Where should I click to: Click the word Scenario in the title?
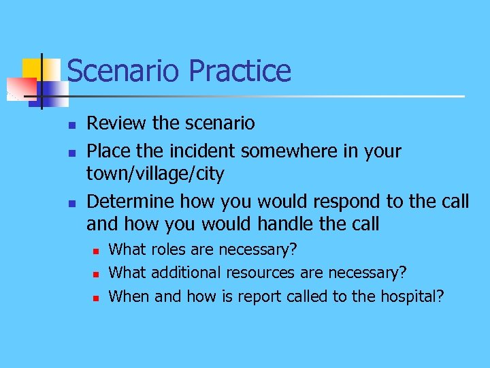point(124,71)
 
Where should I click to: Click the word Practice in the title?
point(240,71)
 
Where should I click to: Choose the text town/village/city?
point(154,174)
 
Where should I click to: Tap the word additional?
point(185,273)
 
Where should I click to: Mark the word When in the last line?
point(129,296)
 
